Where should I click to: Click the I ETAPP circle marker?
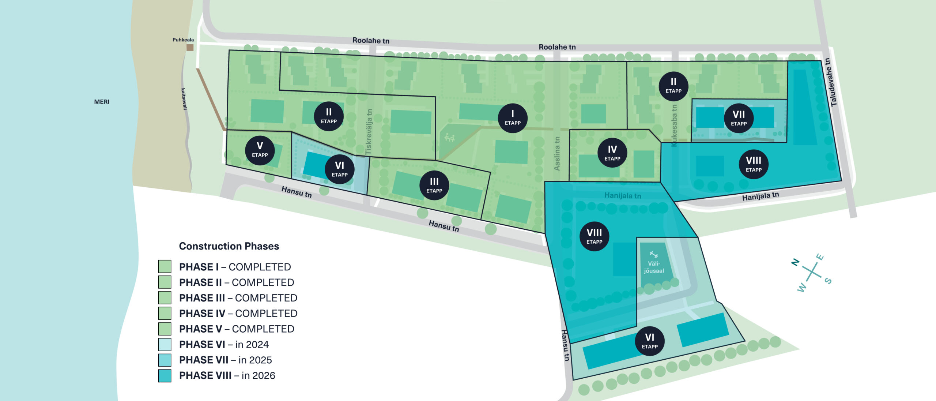click(x=513, y=118)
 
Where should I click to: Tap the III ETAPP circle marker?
click(x=434, y=185)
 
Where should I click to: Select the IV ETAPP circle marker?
click(x=612, y=153)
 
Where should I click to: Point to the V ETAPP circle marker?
click(x=260, y=150)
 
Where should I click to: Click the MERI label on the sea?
click(x=102, y=102)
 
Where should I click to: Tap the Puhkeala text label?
click(x=183, y=40)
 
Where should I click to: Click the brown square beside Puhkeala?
click(x=190, y=48)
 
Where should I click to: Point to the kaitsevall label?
click(x=185, y=99)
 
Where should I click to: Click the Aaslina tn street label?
click(x=557, y=153)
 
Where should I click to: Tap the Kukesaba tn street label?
click(x=674, y=125)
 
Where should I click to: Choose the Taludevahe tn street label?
click(x=831, y=82)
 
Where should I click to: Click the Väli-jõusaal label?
click(x=654, y=267)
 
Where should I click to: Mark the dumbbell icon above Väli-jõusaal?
click(x=654, y=254)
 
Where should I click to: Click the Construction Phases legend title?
click(x=229, y=246)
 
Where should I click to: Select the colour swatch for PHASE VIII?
click(x=165, y=376)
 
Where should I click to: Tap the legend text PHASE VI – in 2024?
click(x=224, y=345)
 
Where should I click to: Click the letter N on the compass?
click(x=795, y=262)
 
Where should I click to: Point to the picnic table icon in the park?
click(x=449, y=138)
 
